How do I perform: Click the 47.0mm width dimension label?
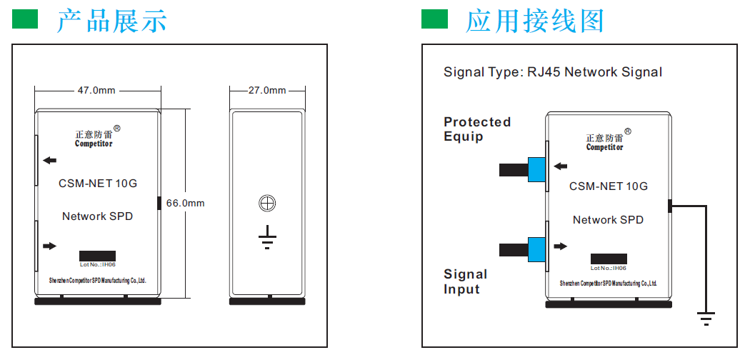(96, 91)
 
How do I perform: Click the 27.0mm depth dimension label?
(267, 91)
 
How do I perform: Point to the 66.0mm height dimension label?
(185, 203)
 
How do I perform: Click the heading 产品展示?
(111, 21)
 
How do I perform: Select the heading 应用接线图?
(535, 21)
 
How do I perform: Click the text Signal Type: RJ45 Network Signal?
(552, 72)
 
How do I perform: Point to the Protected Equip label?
(477, 129)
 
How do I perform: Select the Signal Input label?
(466, 281)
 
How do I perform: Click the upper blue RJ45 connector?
(536, 169)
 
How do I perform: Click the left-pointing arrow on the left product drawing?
(49, 161)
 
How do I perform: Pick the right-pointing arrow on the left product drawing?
(49, 246)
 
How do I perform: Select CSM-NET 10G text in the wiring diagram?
(609, 186)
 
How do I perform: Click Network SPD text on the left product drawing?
(97, 216)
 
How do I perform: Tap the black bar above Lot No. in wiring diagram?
(609, 259)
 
